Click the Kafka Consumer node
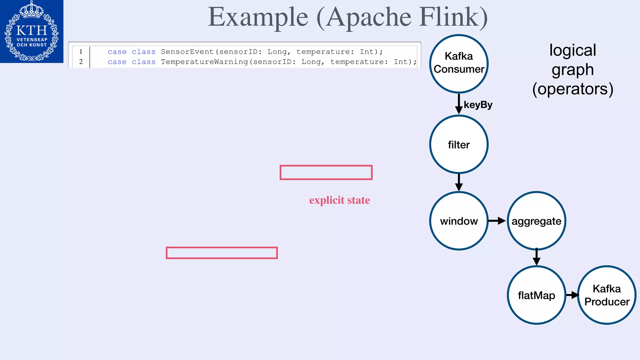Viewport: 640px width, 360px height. coord(459,63)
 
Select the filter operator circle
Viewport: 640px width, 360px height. coord(459,144)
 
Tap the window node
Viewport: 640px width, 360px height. coord(459,221)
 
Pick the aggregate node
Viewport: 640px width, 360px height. coord(536,221)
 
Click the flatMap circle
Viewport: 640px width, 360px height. coord(536,295)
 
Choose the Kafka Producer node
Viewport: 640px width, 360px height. coord(607,295)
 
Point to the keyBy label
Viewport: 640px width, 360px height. coord(478,105)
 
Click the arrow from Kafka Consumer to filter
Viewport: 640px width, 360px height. coord(459,104)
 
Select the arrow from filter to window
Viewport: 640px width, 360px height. coord(459,182)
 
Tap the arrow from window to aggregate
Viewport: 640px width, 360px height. coord(497,221)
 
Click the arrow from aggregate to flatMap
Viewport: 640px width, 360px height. coord(536,257)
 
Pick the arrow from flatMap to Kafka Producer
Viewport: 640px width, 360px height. coord(572,295)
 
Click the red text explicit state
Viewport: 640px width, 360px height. coord(339,200)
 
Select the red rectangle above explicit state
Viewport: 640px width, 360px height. coord(326,172)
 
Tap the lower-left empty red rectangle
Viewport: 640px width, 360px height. coord(222,253)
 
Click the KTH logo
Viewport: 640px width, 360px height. coord(32,31)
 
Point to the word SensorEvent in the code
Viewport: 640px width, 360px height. coord(187,52)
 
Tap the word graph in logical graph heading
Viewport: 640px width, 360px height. coord(572,70)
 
